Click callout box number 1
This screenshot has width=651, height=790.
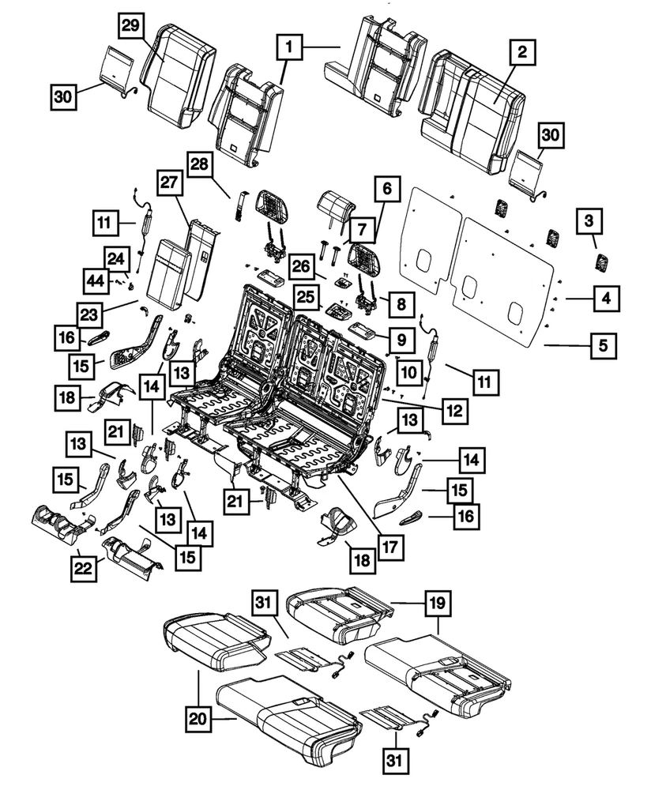coord(290,50)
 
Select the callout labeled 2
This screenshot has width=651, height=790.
coord(521,54)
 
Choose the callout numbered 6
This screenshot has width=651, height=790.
coord(386,190)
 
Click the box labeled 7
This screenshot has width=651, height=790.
coord(359,231)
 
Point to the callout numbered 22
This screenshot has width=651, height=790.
coord(85,566)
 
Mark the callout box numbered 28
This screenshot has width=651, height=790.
coord(199,167)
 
